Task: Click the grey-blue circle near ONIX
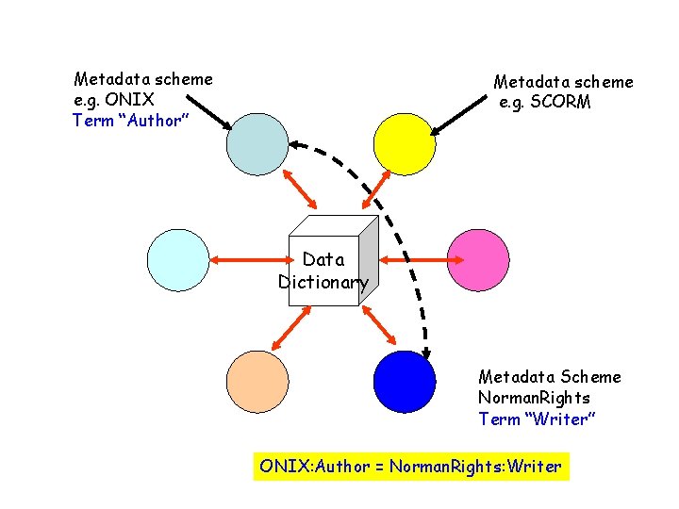point(257,144)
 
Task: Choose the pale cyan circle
point(179,258)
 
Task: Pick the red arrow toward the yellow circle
point(376,189)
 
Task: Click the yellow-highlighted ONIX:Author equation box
point(411,467)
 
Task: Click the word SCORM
point(560,102)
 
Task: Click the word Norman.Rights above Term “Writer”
point(534,398)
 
